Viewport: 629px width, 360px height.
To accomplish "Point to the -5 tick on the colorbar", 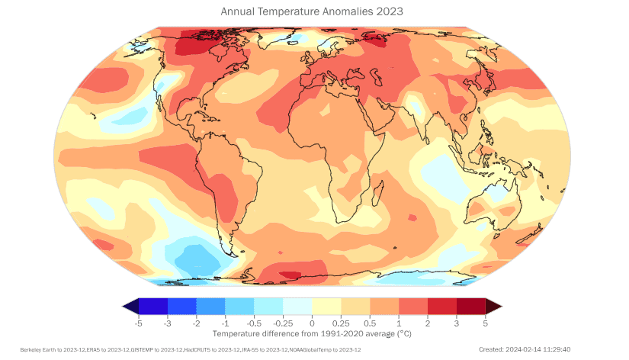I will (x=138, y=324).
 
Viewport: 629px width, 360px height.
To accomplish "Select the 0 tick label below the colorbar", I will (x=312, y=324).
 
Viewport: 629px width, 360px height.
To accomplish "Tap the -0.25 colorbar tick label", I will (x=282, y=324).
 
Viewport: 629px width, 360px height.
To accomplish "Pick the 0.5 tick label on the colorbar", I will (x=370, y=324).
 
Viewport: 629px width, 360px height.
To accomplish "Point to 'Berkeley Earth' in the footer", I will (x=39, y=349).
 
